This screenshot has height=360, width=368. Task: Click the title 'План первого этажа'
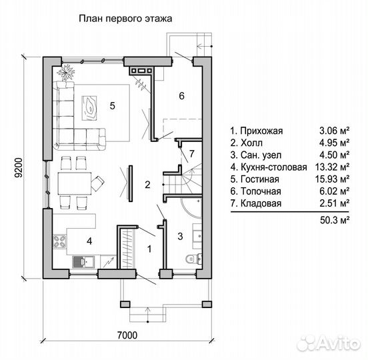tap(125, 19)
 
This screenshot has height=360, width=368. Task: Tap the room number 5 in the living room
tap(113, 106)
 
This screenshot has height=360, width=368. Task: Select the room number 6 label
tap(181, 96)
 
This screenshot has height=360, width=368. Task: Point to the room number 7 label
tap(192, 154)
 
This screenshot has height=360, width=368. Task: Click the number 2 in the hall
tap(147, 185)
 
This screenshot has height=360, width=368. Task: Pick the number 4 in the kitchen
tap(89, 241)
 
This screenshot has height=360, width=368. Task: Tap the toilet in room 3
tap(194, 259)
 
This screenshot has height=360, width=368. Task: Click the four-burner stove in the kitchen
tap(59, 241)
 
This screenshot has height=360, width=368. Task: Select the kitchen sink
tap(83, 262)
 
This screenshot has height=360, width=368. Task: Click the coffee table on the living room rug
tap(89, 108)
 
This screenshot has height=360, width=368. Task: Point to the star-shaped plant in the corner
tap(66, 71)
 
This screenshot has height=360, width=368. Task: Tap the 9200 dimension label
tap(18, 168)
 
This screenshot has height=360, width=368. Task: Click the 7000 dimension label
tap(127, 335)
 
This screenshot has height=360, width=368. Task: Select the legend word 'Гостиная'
tap(260, 179)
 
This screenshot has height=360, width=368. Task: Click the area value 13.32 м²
tap(332, 167)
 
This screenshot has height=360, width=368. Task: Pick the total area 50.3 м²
tap(335, 221)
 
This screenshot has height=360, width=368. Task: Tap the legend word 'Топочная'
tap(261, 191)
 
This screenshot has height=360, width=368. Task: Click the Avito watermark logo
tap(329, 344)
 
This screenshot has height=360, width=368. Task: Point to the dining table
tap(75, 183)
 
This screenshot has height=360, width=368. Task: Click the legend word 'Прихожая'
tap(262, 131)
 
